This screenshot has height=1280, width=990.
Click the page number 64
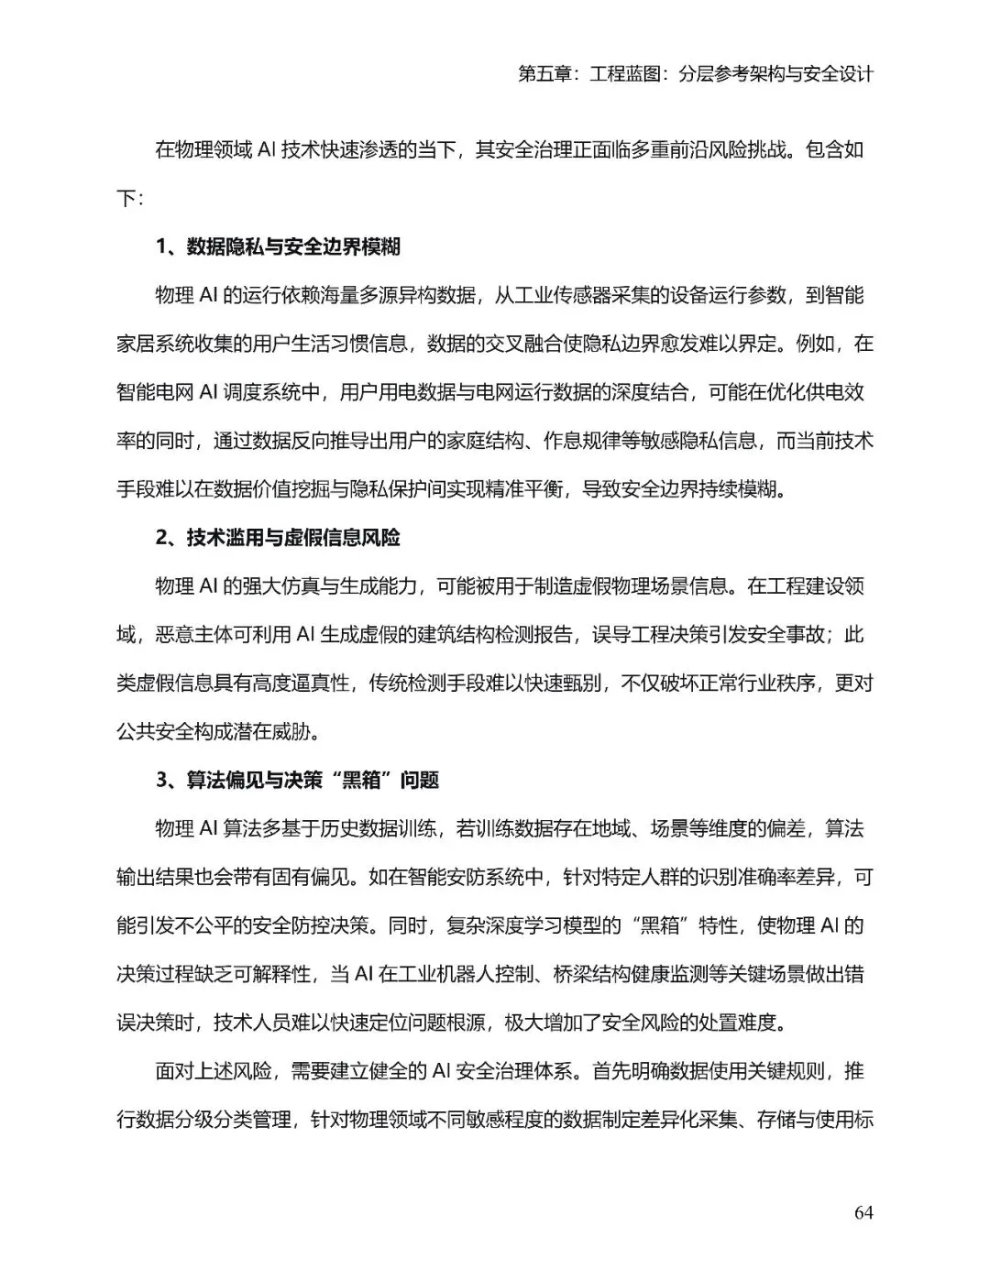click(863, 1212)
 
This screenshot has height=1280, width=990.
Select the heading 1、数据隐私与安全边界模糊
click(278, 246)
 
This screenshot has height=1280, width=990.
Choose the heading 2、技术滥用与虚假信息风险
click(278, 538)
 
